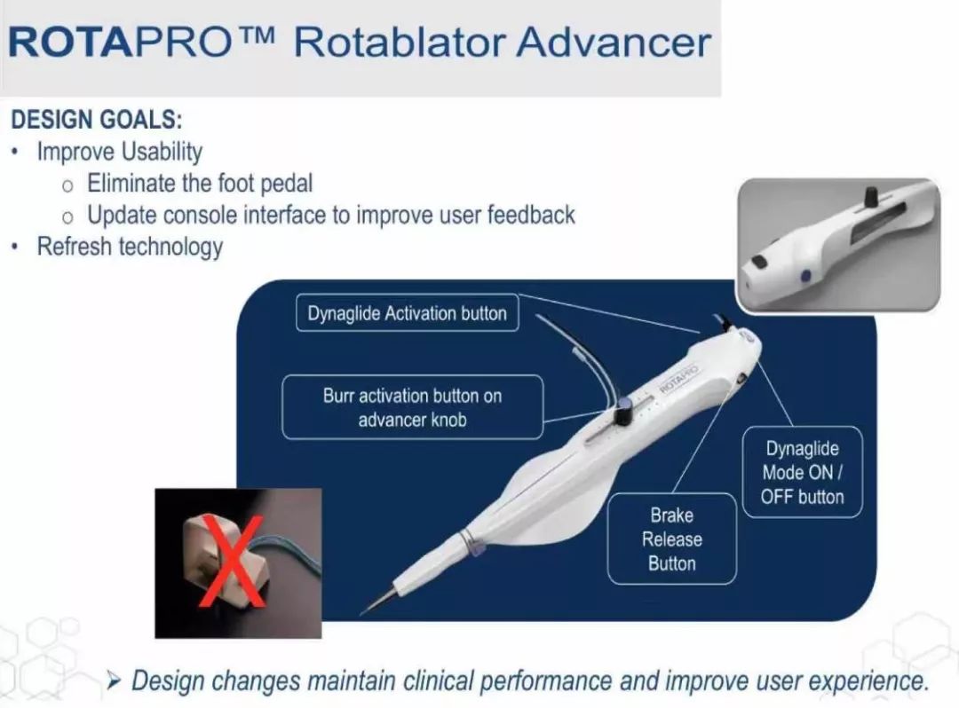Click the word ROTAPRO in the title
click(119, 43)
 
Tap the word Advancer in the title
click(614, 43)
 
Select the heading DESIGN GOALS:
click(97, 119)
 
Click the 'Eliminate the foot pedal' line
click(200, 184)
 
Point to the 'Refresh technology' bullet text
click(130, 247)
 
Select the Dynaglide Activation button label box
click(408, 313)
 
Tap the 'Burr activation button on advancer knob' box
click(413, 407)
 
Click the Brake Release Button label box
click(671, 539)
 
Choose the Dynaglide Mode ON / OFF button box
click(803, 472)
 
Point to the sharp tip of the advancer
click(362, 612)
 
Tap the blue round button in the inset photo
click(805, 276)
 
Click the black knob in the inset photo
click(870, 197)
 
